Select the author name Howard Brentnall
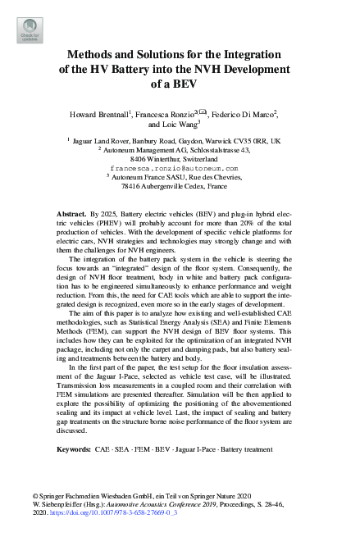(110, 114)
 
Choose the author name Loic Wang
(178, 125)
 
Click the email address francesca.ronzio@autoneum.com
(179, 168)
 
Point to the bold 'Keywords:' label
(75, 451)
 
